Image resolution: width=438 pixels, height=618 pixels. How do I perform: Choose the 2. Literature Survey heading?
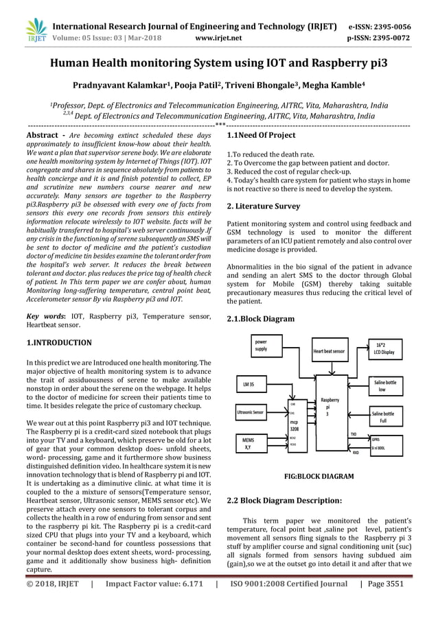pos(263,206)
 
